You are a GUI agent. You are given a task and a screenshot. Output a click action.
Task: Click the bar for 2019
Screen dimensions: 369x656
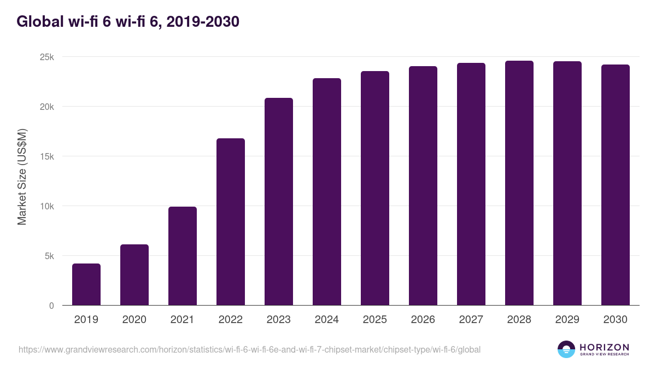(x=86, y=284)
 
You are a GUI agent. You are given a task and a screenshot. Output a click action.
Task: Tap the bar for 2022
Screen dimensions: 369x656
(x=231, y=222)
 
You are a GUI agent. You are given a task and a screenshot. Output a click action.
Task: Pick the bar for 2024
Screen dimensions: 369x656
(x=327, y=192)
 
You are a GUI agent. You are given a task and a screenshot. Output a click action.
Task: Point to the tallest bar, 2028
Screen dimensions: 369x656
(x=519, y=183)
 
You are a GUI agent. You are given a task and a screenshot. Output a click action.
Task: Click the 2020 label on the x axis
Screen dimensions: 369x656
(x=134, y=319)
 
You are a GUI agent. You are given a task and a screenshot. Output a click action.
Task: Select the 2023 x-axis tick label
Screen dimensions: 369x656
(x=279, y=319)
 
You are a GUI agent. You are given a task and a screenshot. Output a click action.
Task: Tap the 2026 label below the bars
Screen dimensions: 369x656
(x=423, y=319)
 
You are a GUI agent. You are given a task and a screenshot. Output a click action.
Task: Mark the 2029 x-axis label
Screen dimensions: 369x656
(x=567, y=319)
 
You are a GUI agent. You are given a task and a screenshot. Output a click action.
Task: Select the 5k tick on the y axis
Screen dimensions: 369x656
(x=50, y=256)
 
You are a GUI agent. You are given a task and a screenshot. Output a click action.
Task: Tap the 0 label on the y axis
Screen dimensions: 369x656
(x=51, y=306)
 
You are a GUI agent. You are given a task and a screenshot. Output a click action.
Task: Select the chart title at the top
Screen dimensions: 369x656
(x=128, y=22)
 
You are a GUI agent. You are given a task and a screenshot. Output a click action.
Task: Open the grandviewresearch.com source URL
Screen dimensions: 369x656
(x=250, y=349)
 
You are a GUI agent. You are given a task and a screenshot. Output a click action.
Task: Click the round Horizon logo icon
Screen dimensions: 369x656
(x=566, y=349)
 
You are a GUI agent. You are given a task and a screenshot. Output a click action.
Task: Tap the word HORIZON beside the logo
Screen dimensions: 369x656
(x=604, y=347)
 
